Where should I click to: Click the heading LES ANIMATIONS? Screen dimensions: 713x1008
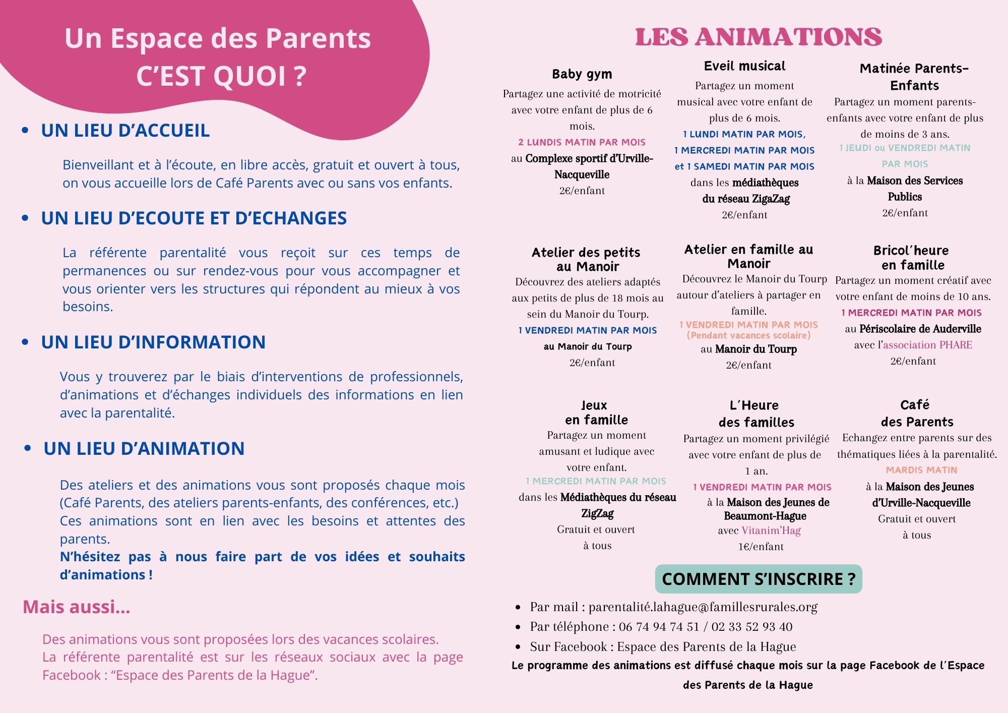[x=758, y=37]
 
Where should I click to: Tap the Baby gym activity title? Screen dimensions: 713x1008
[x=582, y=74]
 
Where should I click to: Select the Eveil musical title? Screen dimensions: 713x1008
[x=744, y=66]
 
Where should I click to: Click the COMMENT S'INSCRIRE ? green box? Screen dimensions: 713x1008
[x=759, y=579]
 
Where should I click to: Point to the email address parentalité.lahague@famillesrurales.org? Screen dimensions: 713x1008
[x=703, y=607]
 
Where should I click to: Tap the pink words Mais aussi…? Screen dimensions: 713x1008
[x=77, y=607]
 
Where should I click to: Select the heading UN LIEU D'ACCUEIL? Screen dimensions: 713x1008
[x=125, y=131]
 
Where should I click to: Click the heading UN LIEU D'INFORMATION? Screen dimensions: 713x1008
[x=153, y=342]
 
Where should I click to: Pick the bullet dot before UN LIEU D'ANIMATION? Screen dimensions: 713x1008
[x=28, y=448]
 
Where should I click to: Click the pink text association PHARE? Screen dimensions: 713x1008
[x=927, y=345]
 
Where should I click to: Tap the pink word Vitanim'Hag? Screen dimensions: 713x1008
[x=771, y=530]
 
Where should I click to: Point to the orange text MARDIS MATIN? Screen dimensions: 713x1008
[x=921, y=470]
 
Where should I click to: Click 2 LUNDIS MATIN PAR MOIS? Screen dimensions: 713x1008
[x=582, y=142]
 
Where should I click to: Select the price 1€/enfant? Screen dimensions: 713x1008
[x=761, y=547]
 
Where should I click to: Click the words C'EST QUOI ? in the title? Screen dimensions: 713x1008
[x=221, y=76]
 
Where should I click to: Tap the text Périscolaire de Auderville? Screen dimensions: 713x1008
[x=920, y=329]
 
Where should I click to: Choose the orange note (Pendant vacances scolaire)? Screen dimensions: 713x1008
[x=748, y=335]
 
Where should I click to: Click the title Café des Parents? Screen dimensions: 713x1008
[x=916, y=413]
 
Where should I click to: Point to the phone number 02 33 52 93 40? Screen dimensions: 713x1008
[x=751, y=627]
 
